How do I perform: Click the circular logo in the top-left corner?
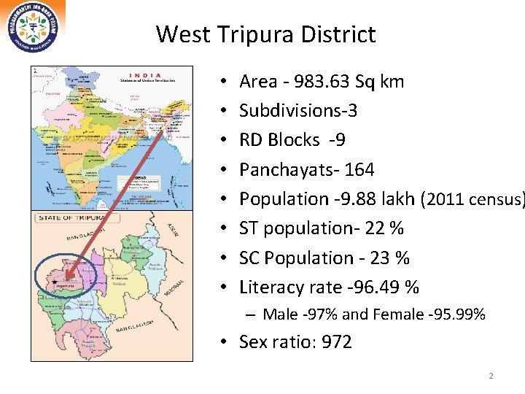[32, 28]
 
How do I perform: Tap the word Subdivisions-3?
[298, 110]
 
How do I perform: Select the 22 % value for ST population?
[384, 228]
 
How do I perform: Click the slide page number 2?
[491, 376]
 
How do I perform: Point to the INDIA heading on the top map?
[145, 74]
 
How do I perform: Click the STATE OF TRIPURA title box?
[66, 217]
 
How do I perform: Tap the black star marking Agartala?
[55, 281]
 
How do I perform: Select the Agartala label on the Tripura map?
[69, 277]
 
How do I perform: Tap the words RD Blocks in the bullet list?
[279, 140]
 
